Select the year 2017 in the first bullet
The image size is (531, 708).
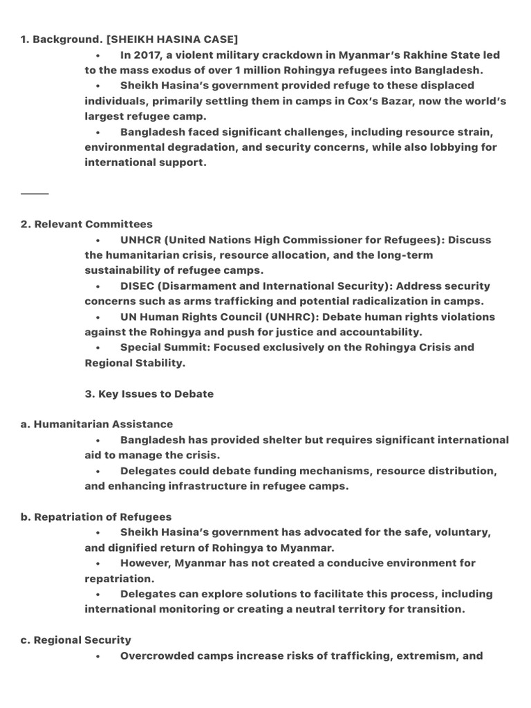(148, 55)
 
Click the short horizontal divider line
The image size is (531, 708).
(35, 194)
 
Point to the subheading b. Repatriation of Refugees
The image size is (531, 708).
(97, 516)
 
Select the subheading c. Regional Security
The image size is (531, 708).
(76, 640)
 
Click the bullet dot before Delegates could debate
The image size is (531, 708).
(100, 471)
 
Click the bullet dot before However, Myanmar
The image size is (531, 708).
(100, 563)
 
